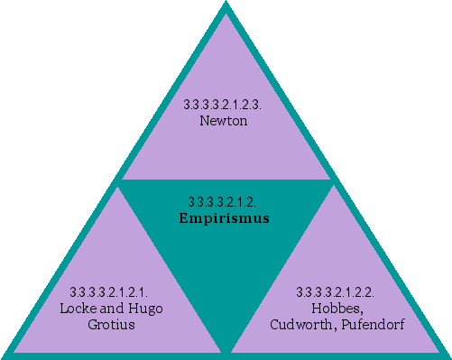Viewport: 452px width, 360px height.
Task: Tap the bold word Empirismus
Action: point(226,217)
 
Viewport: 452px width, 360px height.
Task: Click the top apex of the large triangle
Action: point(226,4)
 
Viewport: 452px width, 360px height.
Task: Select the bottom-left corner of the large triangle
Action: point(5,355)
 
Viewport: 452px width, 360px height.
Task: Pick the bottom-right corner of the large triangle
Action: point(447,355)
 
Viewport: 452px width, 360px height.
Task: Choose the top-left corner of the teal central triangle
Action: point(120,181)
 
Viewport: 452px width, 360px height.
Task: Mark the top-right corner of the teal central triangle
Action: point(333,181)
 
